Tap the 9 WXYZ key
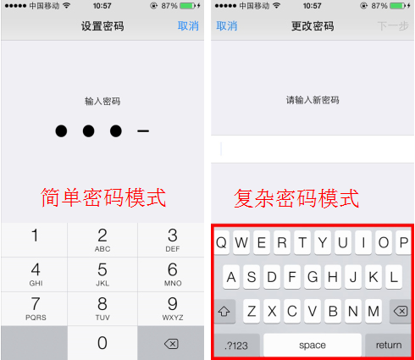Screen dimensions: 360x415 tap(172, 308)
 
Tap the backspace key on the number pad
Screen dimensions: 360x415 tap(172, 343)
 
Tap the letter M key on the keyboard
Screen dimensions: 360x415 tap(373, 311)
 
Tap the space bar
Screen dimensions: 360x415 tap(313, 345)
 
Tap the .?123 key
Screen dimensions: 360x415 tap(236, 345)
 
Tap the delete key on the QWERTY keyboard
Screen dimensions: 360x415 tap(397, 311)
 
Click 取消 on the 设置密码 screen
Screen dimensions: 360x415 tap(188, 26)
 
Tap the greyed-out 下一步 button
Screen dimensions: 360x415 tap(394, 26)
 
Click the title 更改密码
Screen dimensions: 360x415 tap(313, 26)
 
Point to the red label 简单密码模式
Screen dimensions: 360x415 tap(103, 197)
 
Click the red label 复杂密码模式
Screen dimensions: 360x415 tap(296, 198)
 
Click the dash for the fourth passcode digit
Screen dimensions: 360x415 tap(143, 131)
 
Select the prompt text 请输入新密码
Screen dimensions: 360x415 tap(313, 100)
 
